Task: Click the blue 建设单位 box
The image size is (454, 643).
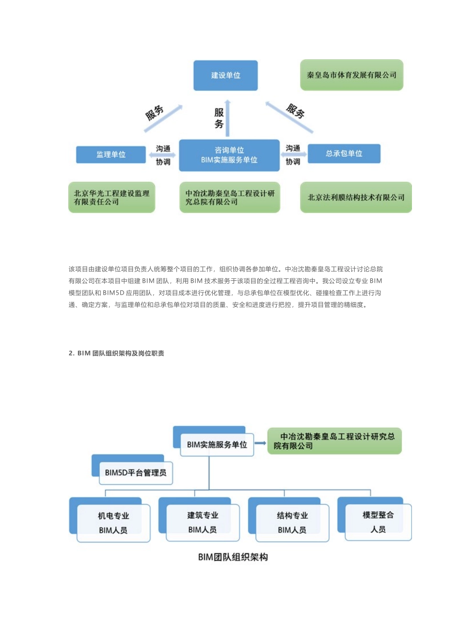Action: (226, 76)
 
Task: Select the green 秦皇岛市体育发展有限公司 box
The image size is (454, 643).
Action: (351, 75)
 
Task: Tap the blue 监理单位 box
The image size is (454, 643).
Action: (111, 155)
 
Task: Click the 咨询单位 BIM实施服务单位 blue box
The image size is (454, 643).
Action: (229, 155)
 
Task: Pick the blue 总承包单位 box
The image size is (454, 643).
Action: (344, 154)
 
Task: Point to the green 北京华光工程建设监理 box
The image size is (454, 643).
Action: (111, 198)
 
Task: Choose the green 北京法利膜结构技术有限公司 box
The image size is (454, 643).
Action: (356, 198)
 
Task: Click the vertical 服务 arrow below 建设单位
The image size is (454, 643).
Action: (228, 119)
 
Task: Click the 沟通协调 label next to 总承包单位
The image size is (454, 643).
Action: (293, 155)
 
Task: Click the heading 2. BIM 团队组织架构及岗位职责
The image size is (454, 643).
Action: (116, 353)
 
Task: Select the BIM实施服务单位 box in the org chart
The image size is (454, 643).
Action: (216, 444)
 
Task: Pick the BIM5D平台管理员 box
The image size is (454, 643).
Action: (136, 473)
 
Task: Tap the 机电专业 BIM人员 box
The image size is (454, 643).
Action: (113, 523)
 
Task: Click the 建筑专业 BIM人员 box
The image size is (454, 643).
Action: (203, 522)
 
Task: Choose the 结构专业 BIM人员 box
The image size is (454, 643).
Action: (292, 522)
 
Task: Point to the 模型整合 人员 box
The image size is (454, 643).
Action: (378, 522)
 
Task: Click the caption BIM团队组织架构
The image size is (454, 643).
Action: (233, 557)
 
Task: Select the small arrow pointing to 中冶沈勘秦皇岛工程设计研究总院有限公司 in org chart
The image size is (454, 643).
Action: (260, 443)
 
